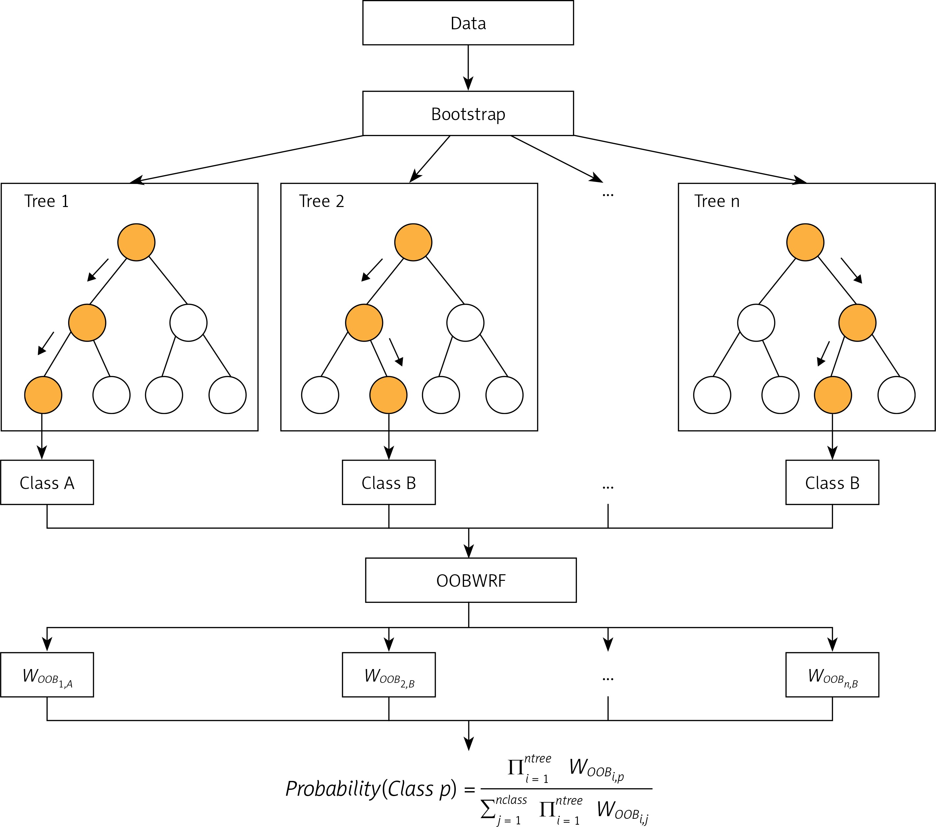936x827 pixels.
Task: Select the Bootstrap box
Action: coord(468,114)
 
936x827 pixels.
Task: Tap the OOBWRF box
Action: coord(471,580)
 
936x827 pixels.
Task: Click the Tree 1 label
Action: coord(46,201)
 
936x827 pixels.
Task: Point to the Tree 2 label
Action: coord(322,201)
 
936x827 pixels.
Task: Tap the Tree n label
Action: coord(717,201)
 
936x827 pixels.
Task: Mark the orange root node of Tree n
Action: coord(805,242)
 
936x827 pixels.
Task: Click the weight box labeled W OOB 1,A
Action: coord(47,675)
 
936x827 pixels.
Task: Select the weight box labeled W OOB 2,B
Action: coord(389,675)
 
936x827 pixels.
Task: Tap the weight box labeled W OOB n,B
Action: coord(832,675)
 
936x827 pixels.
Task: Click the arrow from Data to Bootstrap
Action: coord(468,68)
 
